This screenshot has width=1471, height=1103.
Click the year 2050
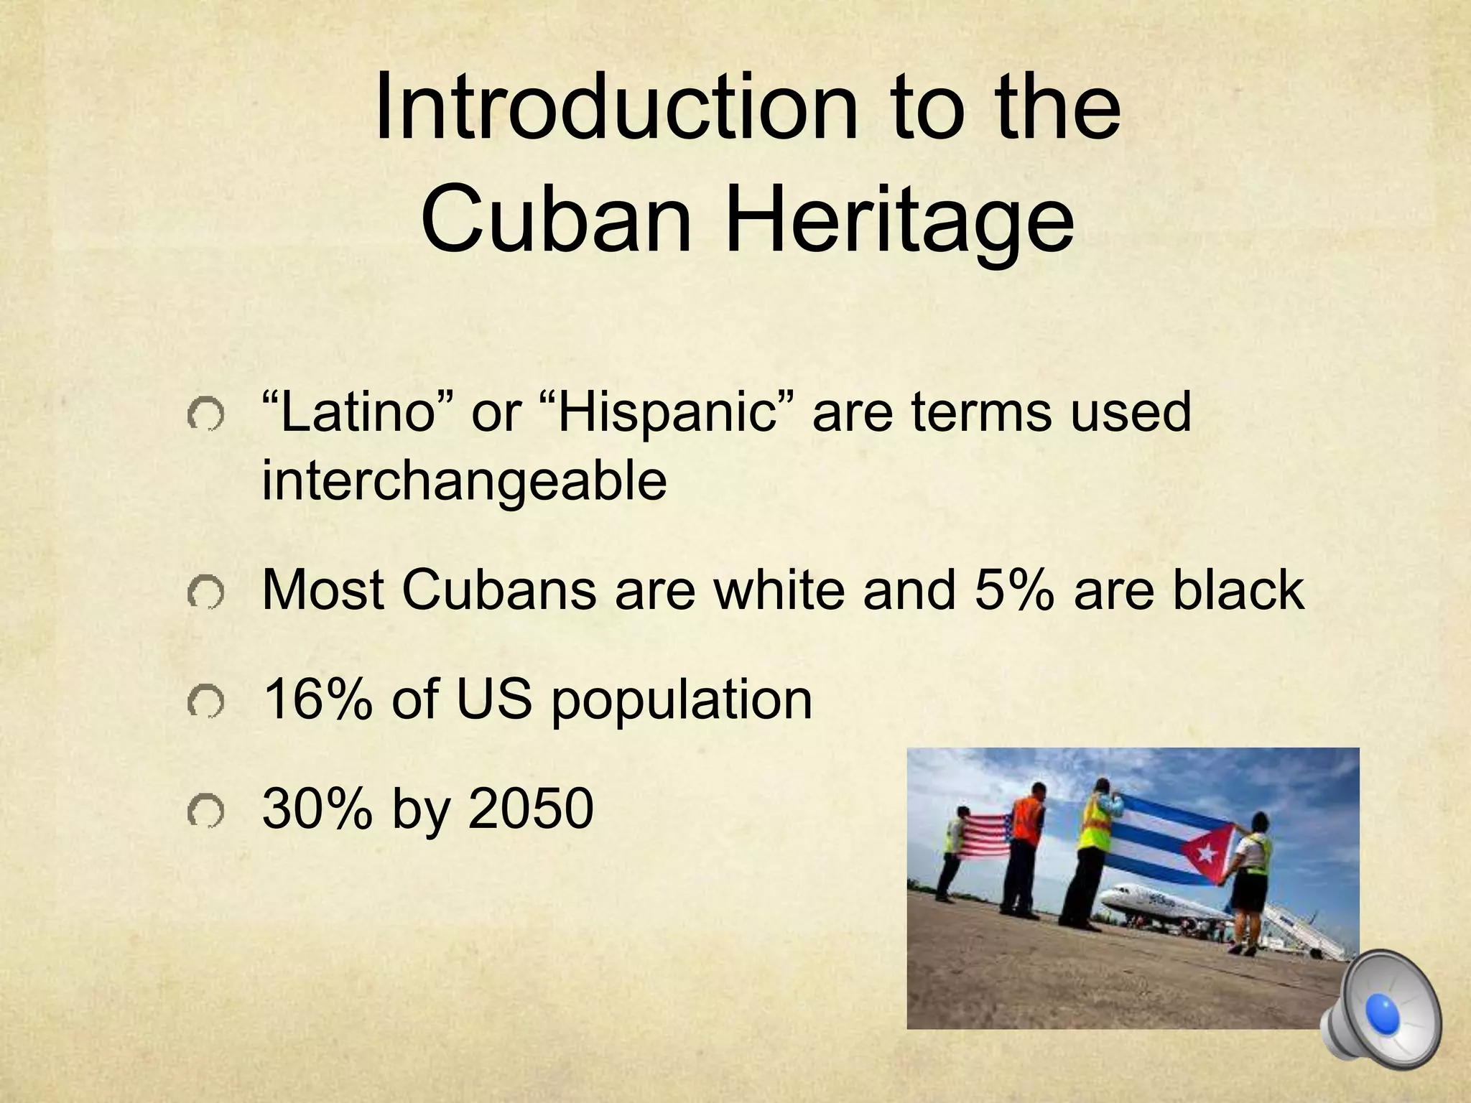(531, 809)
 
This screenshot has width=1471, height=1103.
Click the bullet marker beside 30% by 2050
(205, 811)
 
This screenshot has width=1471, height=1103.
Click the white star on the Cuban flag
(1206, 853)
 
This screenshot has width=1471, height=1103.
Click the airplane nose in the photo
(1107, 897)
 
